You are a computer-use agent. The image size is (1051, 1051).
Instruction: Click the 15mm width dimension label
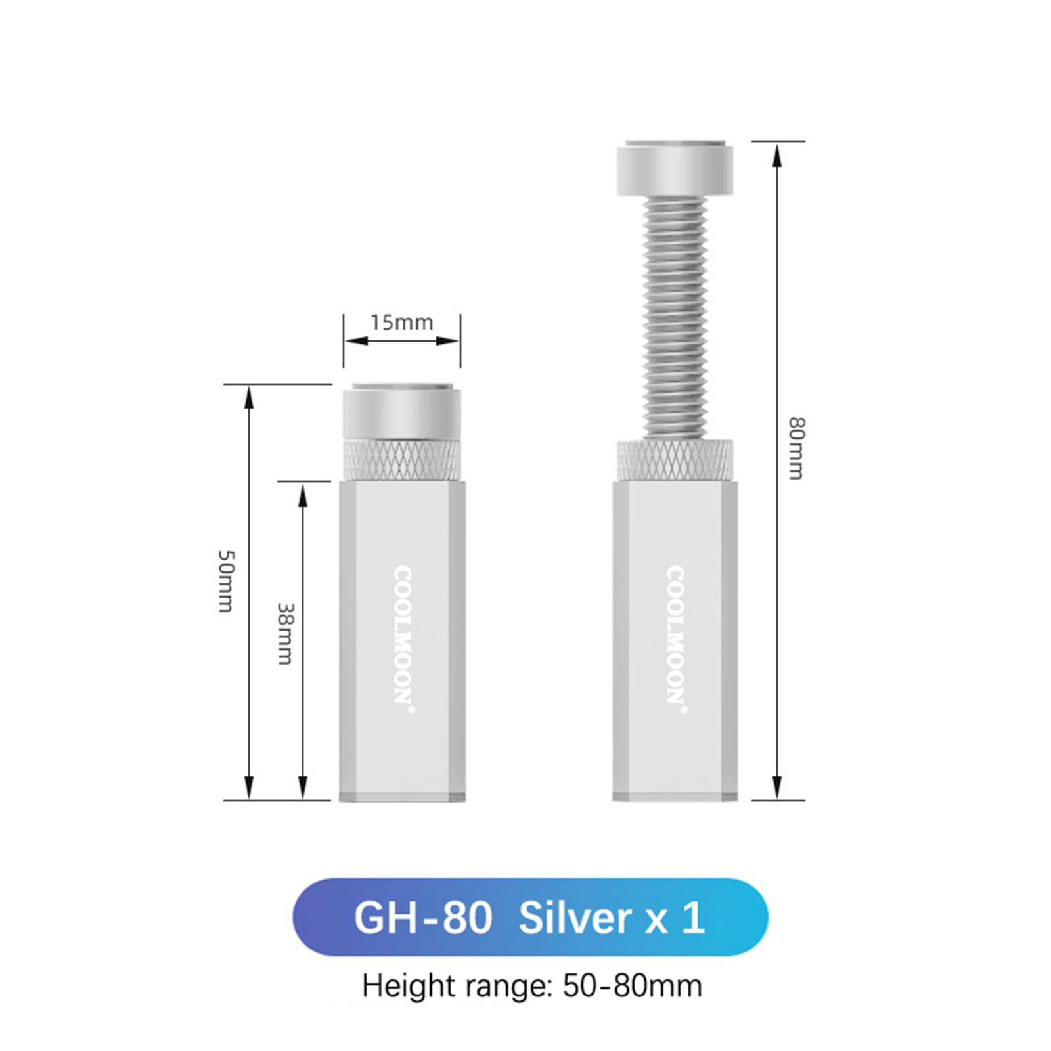[401, 323]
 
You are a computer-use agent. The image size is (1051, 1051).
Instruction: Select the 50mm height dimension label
[225, 581]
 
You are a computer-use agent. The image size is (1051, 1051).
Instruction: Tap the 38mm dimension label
[285, 634]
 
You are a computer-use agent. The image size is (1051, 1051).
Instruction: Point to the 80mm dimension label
[795, 448]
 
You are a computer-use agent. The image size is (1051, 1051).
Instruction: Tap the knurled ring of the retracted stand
[402, 459]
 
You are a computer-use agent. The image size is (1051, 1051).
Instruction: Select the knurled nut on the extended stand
[675, 459]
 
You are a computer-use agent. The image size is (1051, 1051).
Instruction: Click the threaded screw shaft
[675, 318]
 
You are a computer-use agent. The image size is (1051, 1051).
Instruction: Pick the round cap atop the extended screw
[675, 168]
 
